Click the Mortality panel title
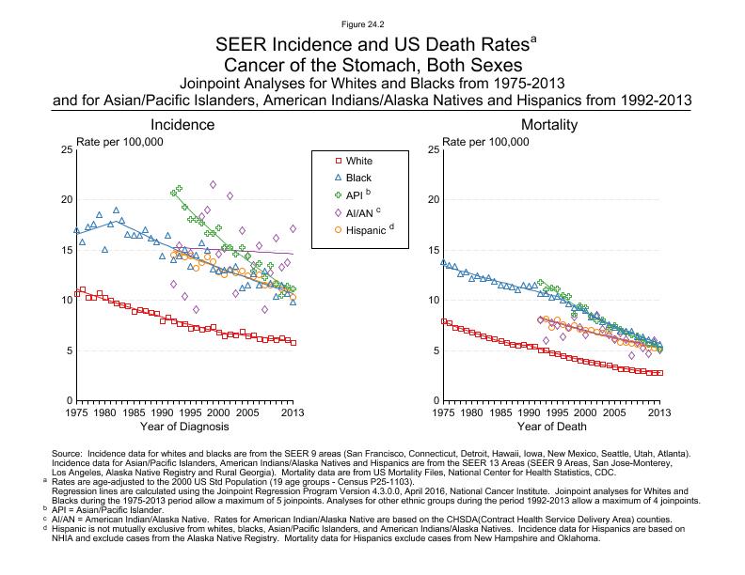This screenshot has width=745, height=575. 549,125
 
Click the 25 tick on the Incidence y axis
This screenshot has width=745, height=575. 66,149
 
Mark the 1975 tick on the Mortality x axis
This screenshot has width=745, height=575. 442,412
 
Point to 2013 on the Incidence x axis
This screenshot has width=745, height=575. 293,412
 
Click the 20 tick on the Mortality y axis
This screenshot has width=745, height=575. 431,199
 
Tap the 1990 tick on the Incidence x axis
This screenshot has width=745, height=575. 163,412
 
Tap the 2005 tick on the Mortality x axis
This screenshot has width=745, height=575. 614,412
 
